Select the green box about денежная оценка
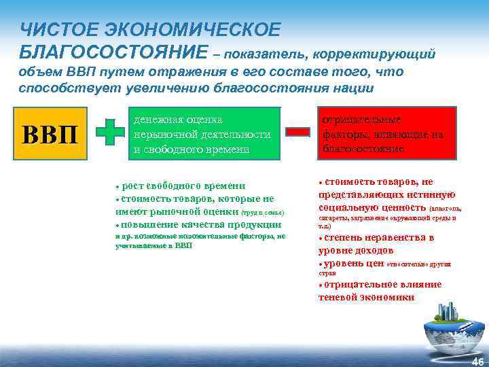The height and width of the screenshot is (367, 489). pyautogui.click(x=205, y=133)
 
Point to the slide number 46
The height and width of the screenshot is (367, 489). pyautogui.click(x=477, y=361)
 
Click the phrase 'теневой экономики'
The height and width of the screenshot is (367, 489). pyautogui.click(x=365, y=297)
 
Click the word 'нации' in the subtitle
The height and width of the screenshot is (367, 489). pyautogui.click(x=353, y=88)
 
